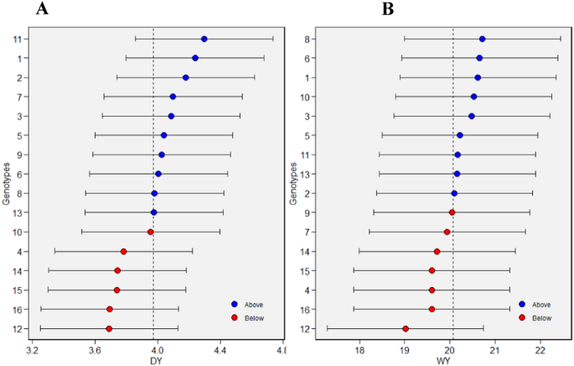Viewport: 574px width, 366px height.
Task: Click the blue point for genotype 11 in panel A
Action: coord(204,39)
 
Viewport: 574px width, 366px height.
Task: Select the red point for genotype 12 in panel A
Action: coord(109,328)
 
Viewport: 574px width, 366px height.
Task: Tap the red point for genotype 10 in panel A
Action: coord(151,232)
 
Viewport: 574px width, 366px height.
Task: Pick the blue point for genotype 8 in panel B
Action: coord(482,39)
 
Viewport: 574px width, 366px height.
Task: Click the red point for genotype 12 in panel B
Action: coord(406,328)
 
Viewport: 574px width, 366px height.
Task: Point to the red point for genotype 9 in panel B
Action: coord(452,212)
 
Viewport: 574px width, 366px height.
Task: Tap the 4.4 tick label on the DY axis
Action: coord(220,348)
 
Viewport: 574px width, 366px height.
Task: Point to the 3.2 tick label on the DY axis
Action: coord(33,348)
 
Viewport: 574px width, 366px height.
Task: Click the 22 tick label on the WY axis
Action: coord(540,348)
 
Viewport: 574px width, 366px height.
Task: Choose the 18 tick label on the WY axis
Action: coord(359,348)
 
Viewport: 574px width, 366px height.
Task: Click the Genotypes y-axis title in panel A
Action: coord(7,184)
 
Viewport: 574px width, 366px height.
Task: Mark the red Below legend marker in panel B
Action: coord(522,317)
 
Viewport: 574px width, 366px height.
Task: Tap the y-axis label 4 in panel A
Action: coord(18,251)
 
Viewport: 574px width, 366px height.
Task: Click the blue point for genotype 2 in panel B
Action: coord(454,193)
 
